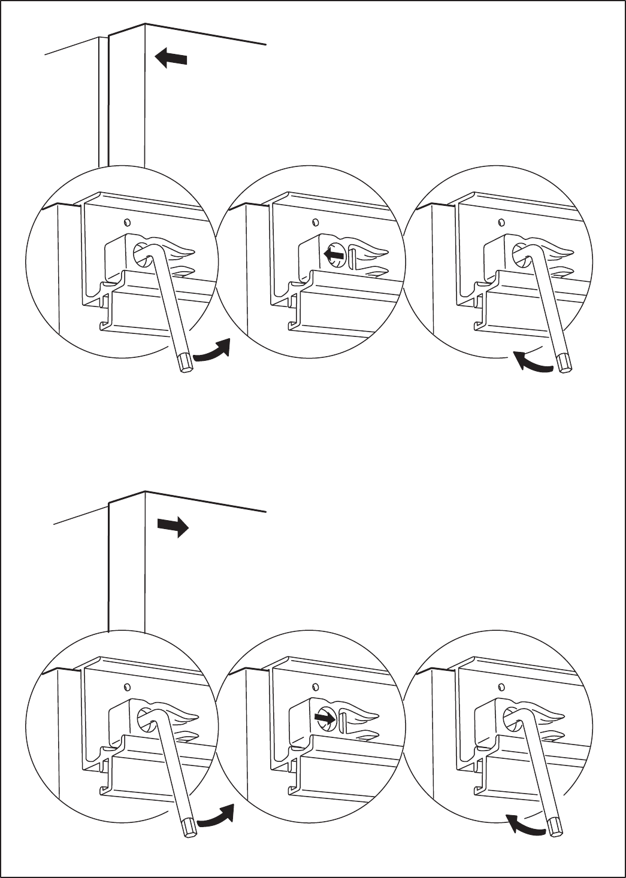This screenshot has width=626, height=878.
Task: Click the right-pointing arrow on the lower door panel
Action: tap(173, 527)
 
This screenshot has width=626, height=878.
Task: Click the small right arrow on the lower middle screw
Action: tap(325, 716)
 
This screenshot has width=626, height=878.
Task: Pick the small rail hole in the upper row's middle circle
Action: tap(316, 222)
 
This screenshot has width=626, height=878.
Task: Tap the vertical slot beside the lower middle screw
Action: tap(342, 719)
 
